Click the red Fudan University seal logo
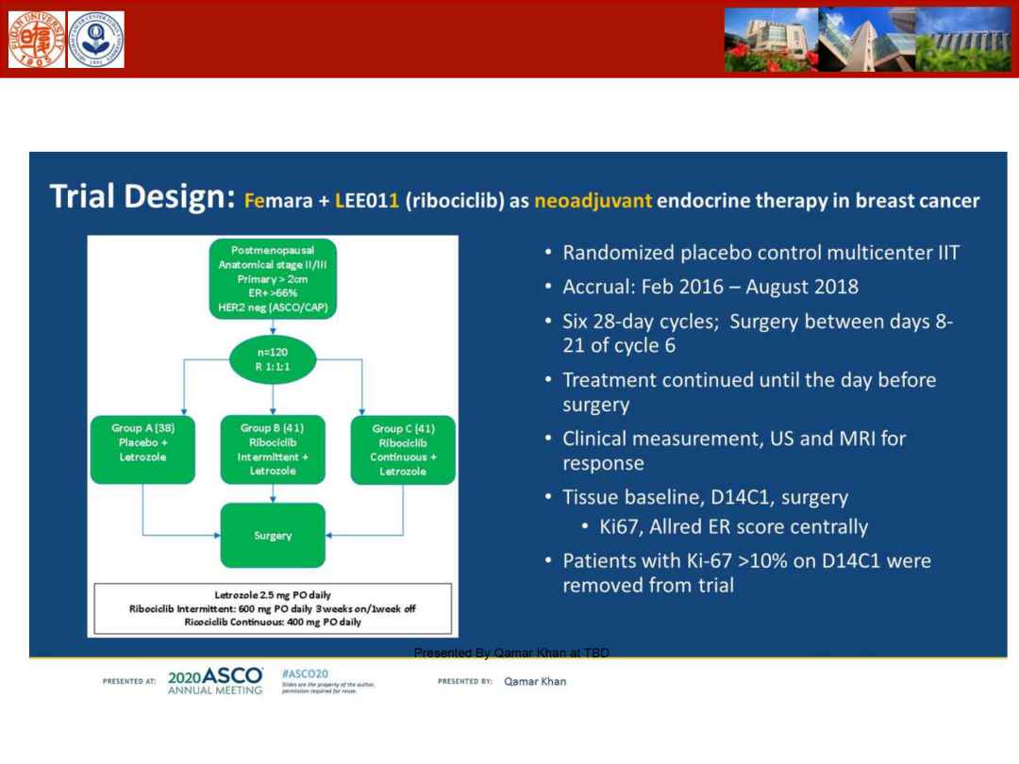37,40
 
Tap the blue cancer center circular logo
95,40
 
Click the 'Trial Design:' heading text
142,198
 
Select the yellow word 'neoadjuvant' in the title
593,201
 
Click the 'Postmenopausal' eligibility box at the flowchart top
273,279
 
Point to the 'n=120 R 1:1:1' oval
273,358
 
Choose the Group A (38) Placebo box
142,449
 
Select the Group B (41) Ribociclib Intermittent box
273,449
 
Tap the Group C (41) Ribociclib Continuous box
403,450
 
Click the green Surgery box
273,535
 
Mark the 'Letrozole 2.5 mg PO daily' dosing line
273,595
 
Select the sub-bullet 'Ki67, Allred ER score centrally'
734,526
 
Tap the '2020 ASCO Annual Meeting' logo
215,681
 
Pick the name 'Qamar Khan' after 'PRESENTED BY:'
535,681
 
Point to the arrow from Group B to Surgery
273,492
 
